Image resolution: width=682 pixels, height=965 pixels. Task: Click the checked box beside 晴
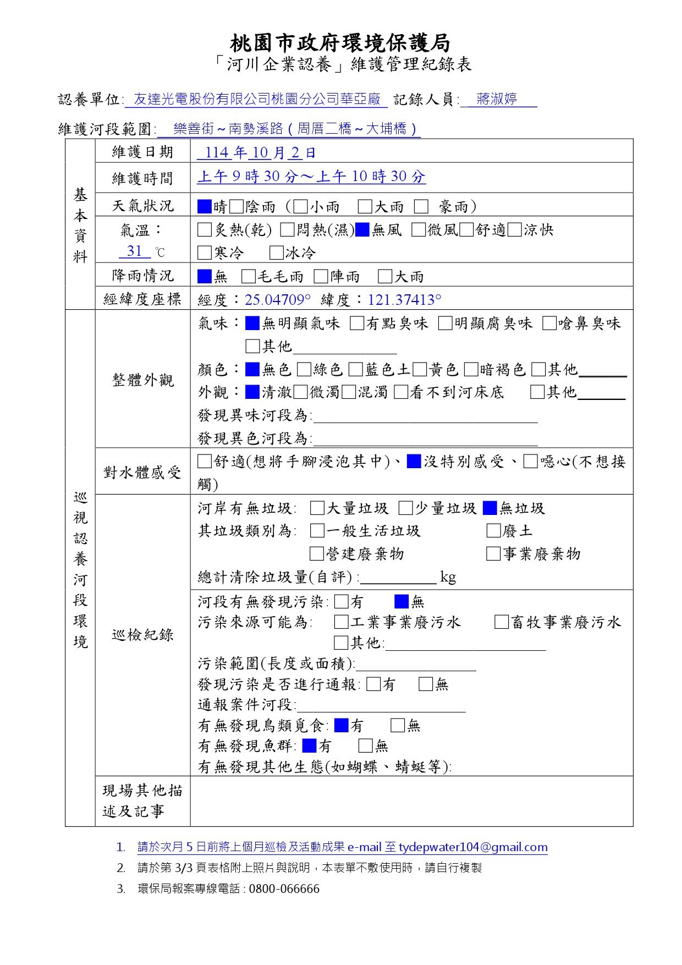click(x=205, y=206)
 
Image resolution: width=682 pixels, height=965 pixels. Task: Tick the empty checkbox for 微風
click(x=419, y=229)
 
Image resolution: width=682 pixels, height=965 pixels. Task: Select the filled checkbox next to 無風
click(x=362, y=229)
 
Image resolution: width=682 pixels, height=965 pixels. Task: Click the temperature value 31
click(x=135, y=251)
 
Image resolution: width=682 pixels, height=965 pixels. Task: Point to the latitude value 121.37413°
click(x=404, y=300)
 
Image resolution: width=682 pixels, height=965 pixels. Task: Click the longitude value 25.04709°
click(x=277, y=300)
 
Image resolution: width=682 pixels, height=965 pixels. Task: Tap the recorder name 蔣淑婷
click(x=497, y=99)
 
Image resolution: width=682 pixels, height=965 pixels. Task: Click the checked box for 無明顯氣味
click(x=252, y=323)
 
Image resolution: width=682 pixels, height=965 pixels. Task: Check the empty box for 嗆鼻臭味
click(x=549, y=323)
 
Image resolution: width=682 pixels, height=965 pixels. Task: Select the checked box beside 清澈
click(x=252, y=392)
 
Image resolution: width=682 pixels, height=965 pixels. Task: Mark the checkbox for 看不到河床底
click(x=401, y=392)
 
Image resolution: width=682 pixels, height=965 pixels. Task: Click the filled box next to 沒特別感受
click(x=414, y=461)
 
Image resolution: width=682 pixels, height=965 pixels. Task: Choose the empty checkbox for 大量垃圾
click(x=317, y=508)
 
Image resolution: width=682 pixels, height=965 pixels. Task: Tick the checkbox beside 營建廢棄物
click(x=317, y=553)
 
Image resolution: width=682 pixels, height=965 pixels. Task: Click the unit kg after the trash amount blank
click(x=448, y=577)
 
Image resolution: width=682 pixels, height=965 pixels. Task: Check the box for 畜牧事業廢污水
click(x=501, y=622)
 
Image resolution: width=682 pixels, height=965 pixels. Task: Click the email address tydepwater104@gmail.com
click(x=473, y=847)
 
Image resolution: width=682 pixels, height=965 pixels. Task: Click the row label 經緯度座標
click(x=142, y=299)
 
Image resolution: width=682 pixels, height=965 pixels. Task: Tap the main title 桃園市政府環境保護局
click(x=340, y=42)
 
